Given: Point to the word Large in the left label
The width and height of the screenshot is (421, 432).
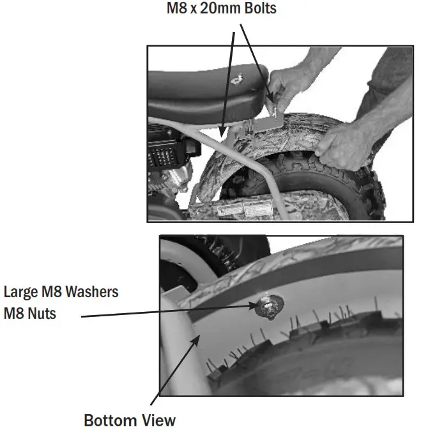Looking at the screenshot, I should (x=20, y=292).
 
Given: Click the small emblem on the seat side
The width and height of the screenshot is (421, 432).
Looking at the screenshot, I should (x=238, y=79).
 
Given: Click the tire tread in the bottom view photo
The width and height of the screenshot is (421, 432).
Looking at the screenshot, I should (x=319, y=345).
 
